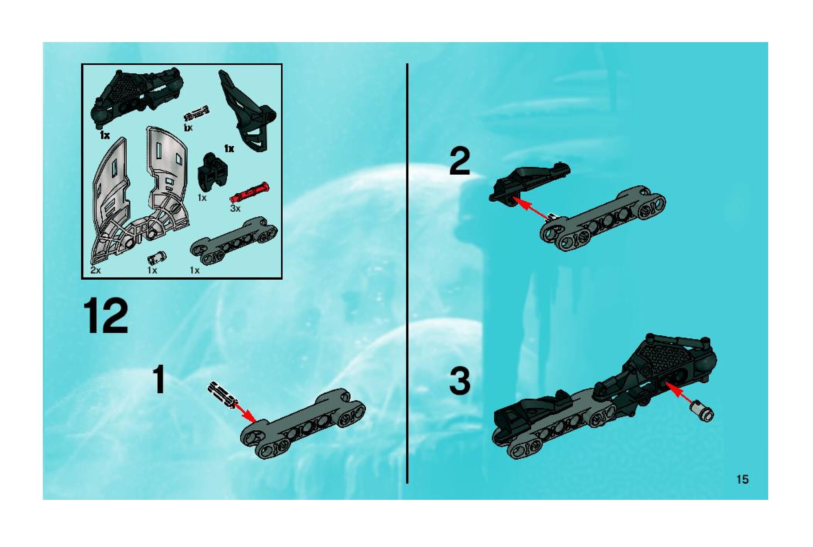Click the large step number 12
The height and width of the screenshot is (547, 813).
(x=107, y=321)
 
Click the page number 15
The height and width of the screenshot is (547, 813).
(x=742, y=479)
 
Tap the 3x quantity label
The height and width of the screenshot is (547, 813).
(x=235, y=209)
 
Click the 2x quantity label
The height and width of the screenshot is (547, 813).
(x=96, y=270)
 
